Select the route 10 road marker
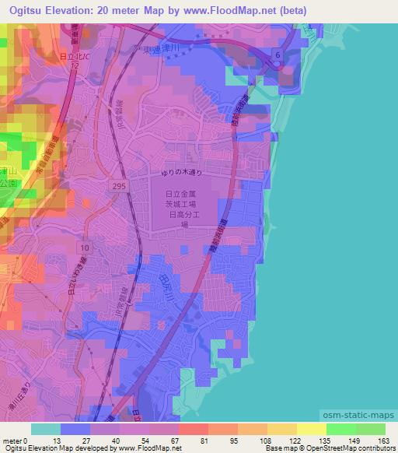click(x=85, y=247)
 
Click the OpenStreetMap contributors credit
click(x=347, y=448)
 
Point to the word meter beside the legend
click(x=11, y=440)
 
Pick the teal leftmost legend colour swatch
click(x=46, y=428)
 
